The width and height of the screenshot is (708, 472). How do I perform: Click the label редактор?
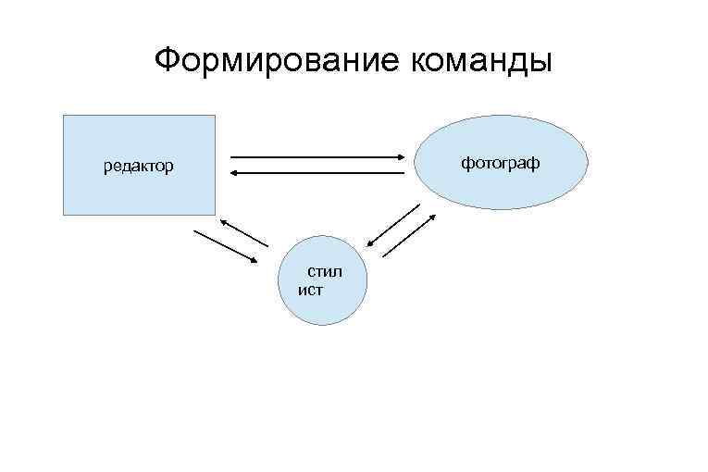click(x=139, y=167)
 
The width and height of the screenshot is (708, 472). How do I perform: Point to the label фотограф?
click(x=502, y=164)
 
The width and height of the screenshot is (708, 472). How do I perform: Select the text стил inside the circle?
click(x=325, y=272)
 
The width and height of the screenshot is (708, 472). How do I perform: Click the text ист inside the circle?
click(x=310, y=290)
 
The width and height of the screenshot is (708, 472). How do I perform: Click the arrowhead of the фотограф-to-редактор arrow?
click(x=234, y=172)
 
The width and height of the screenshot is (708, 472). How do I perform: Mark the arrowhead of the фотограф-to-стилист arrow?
click(x=370, y=243)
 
